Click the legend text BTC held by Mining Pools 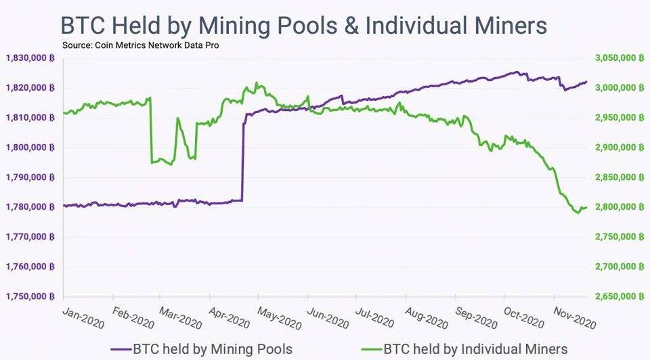(213, 349)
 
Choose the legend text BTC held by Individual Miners (475, 349)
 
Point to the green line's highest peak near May (257, 83)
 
